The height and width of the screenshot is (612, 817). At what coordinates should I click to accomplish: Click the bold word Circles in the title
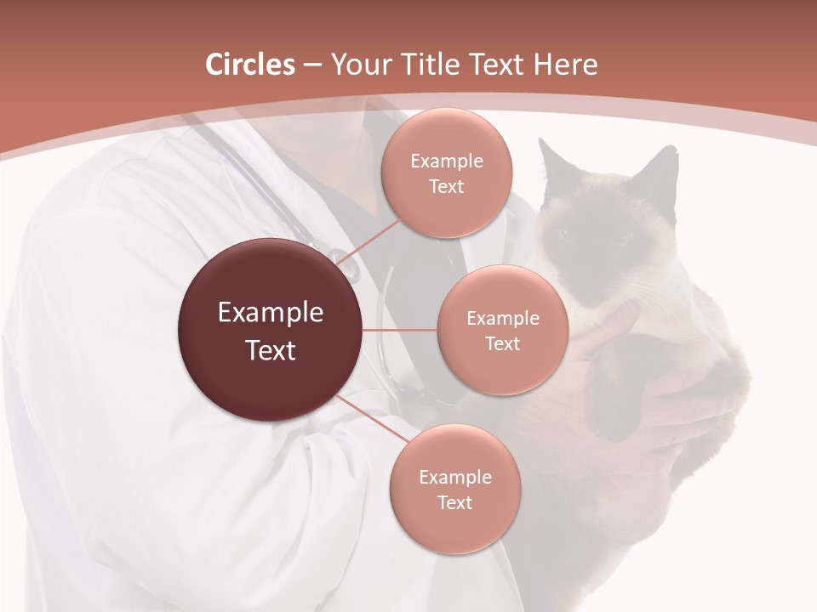(x=249, y=65)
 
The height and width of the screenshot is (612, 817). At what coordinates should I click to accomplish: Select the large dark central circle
(x=270, y=331)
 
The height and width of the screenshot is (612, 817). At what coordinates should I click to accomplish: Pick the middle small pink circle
(x=502, y=330)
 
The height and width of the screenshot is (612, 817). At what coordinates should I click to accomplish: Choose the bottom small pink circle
(x=454, y=489)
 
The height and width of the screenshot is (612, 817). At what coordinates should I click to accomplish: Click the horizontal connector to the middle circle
(x=400, y=330)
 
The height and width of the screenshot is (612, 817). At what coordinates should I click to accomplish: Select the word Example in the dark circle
(x=270, y=313)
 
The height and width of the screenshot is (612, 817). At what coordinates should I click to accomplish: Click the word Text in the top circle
(x=446, y=186)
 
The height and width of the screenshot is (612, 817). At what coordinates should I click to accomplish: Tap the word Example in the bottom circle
(x=454, y=477)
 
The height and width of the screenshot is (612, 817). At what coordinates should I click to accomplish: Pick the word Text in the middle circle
(x=502, y=343)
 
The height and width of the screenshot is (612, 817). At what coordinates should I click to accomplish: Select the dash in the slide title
(x=312, y=65)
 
